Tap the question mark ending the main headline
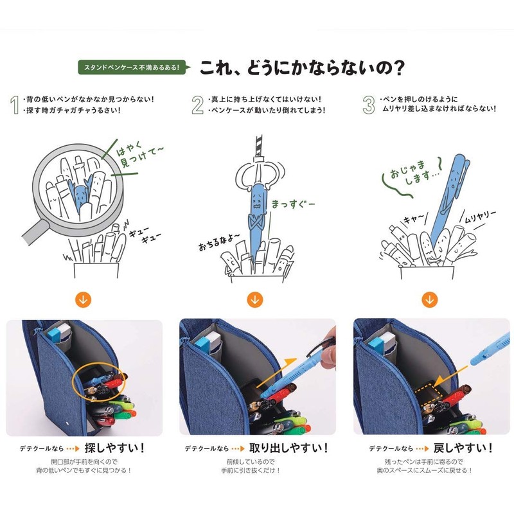[398, 67]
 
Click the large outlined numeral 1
[14, 105]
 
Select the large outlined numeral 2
[198, 105]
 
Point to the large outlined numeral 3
[369, 105]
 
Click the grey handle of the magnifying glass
[35, 231]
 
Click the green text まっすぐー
[294, 204]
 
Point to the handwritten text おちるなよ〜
[218, 242]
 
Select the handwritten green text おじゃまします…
[414, 172]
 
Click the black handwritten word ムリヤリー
[481, 217]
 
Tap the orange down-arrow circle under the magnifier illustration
[84, 299]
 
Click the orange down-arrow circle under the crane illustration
[254, 299]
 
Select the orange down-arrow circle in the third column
[429, 299]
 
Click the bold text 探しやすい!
[114, 448]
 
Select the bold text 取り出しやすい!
[288, 448]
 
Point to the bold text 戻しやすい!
[463, 448]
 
